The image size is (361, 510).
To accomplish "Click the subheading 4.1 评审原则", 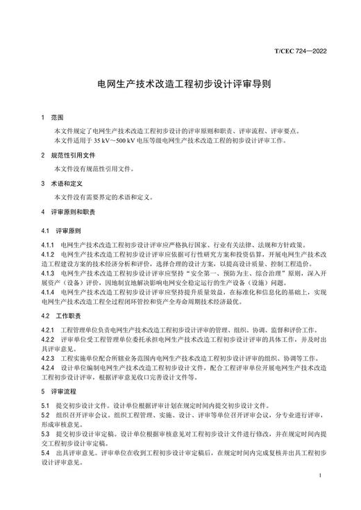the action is (x=61, y=230).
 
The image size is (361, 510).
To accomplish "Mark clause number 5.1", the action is (x=45, y=405).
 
